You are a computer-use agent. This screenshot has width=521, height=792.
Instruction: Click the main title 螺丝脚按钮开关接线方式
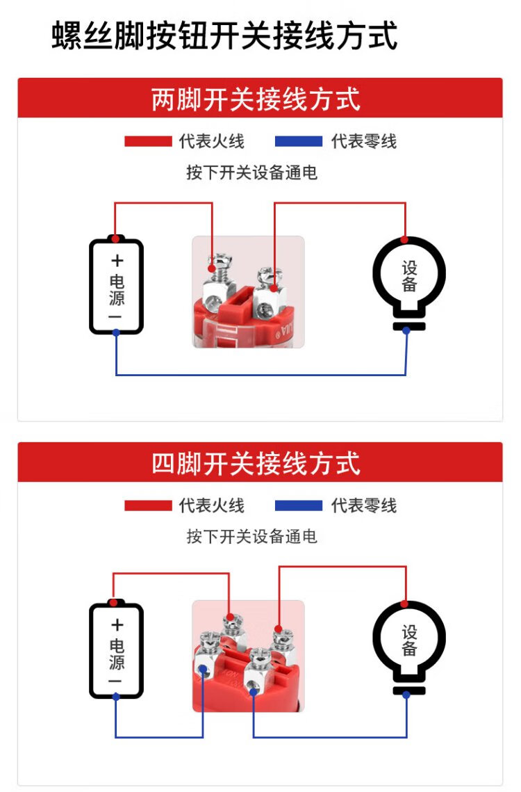224,36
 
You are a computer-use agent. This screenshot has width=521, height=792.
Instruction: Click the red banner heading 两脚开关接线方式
256,99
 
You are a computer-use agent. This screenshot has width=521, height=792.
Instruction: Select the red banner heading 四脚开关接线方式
256,463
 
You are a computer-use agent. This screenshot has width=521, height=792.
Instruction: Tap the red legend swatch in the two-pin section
147,142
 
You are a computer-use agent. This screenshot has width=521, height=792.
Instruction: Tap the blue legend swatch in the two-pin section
299,142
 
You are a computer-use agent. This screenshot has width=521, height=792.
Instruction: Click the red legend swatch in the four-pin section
147,506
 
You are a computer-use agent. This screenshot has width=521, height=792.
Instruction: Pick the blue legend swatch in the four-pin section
299,506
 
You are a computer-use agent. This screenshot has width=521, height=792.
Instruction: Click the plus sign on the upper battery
117,261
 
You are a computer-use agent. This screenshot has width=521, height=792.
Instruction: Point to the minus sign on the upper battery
116,317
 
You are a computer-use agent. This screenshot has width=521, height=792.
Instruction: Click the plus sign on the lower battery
117,624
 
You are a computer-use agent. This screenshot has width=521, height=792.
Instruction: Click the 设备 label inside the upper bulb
409,276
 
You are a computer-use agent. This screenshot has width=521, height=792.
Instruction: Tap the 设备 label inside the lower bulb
409,640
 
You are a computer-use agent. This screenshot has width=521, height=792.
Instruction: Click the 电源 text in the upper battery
117,290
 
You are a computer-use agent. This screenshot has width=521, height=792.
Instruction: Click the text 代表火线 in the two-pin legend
211,142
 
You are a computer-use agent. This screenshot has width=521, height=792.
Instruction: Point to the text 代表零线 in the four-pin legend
363,506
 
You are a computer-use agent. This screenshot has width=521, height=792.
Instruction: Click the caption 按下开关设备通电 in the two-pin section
251,172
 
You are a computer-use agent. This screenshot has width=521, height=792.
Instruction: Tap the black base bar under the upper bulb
408,327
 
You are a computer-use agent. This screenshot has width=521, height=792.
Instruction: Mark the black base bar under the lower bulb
408,690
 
